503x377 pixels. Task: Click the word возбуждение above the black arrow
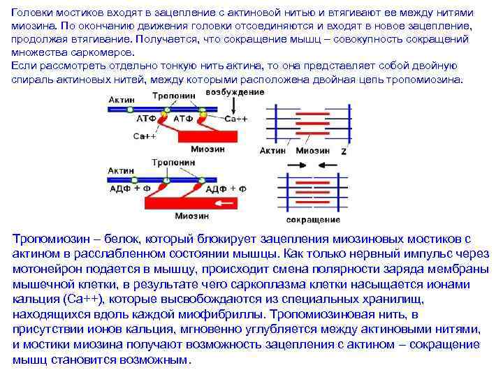(x=235, y=94)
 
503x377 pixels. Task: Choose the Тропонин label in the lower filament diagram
(x=173, y=162)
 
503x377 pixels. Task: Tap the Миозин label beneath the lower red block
(x=191, y=216)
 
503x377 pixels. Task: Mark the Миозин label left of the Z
(x=312, y=150)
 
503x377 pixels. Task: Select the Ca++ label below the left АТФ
(x=144, y=136)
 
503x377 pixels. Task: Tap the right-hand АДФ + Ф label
(x=226, y=188)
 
